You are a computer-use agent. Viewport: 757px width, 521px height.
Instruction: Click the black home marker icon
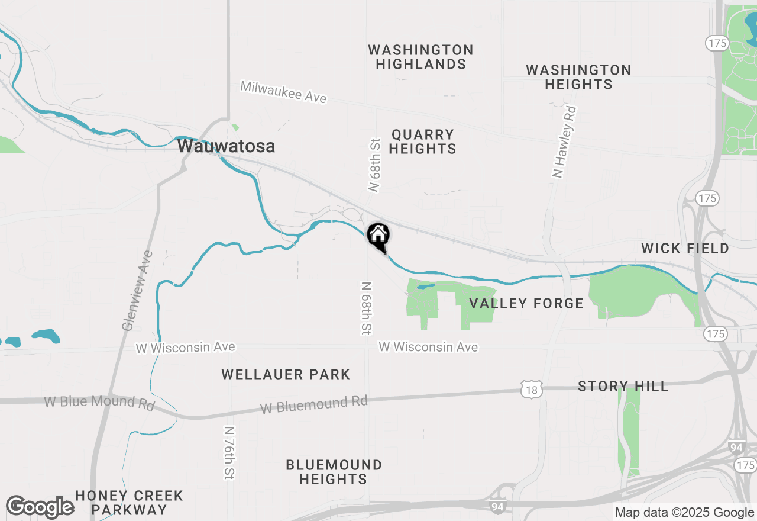[378, 236]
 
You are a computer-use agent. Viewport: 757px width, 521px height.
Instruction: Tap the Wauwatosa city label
[226, 146]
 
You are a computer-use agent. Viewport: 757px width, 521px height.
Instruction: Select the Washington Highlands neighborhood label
[420, 57]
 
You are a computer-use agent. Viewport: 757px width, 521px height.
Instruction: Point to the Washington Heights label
[578, 77]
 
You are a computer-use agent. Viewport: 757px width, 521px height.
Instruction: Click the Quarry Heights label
[422, 141]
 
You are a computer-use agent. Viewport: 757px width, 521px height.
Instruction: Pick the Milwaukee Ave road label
[283, 92]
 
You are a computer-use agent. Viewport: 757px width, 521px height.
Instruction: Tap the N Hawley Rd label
[563, 141]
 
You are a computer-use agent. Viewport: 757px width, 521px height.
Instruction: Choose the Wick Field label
[685, 248]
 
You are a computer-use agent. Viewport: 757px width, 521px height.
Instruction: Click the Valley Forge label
[526, 304]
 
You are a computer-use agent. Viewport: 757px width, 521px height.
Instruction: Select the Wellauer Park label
[286, 374]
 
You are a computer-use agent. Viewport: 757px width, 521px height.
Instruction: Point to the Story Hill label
[623, 387]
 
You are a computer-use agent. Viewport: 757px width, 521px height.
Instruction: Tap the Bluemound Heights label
[334, 472]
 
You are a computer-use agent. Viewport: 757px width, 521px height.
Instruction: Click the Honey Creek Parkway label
[130, 502]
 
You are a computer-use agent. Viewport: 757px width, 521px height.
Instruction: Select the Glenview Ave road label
[137, 291]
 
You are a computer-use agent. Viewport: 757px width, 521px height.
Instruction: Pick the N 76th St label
[229, 452]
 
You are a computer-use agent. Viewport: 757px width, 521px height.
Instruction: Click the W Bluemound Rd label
[314, 406]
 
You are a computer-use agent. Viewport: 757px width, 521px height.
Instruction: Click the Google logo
[40, 507]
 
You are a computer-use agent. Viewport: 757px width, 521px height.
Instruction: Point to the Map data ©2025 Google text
[684, 513]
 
